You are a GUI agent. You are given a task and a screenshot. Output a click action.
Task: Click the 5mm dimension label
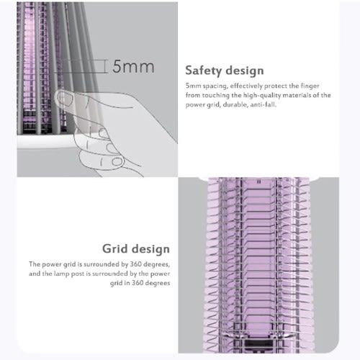coord(133,66)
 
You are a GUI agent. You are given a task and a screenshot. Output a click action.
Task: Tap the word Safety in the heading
coord(203,71)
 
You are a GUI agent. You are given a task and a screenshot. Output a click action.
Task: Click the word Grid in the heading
coord(115,248)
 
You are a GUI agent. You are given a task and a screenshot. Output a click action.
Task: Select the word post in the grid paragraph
coord(78,274)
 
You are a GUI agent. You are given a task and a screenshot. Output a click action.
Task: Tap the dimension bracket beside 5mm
coord(105,66)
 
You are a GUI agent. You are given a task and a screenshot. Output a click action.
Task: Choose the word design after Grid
coord(151,249)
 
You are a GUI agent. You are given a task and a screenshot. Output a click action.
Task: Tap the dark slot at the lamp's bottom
coord(258,343)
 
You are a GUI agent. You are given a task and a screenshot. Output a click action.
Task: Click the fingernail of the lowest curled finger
coord(117,162)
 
